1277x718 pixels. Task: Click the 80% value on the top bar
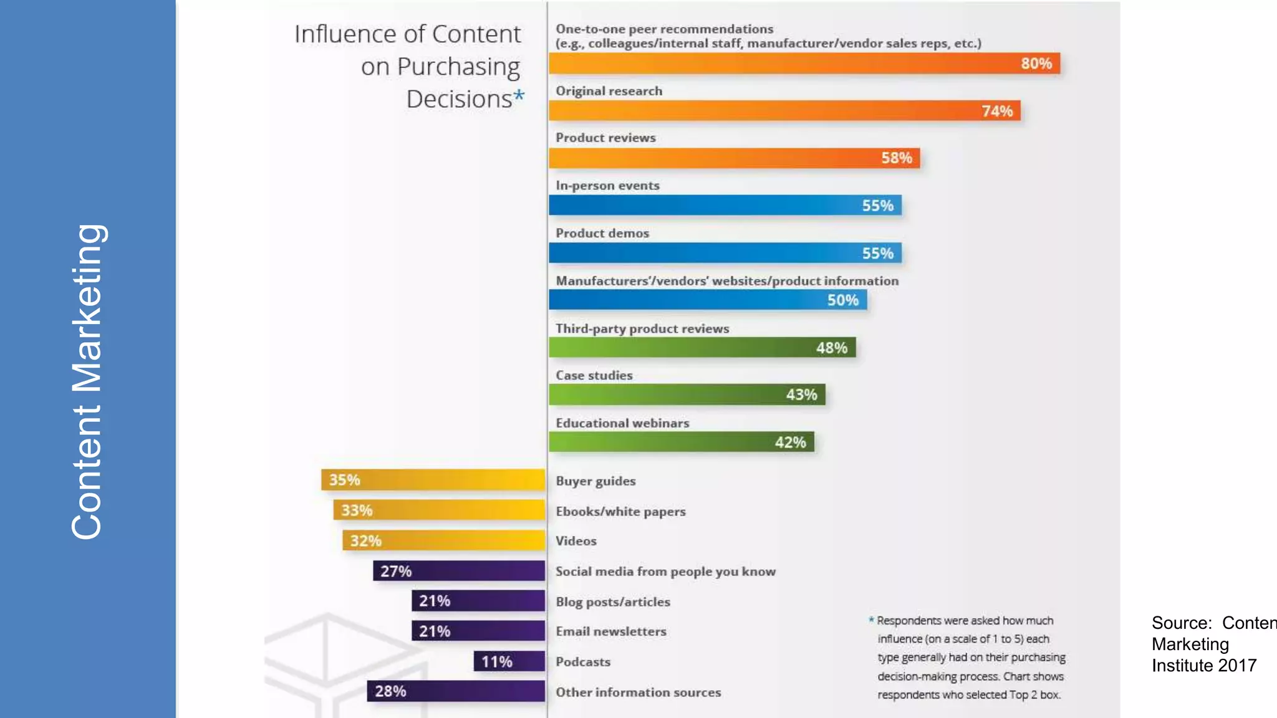pos(1036,64)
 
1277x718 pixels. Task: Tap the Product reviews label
pos(605,138)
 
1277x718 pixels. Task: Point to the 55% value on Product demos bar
pos(877,254)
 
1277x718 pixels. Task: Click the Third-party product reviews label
pos(642,328)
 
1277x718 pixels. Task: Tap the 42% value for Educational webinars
pos(790,443)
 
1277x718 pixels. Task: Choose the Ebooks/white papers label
pos(620,512)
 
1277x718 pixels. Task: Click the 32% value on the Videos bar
pos(365,541)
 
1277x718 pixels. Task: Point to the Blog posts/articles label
pos(613,602)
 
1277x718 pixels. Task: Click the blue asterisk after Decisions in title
pos(519,96)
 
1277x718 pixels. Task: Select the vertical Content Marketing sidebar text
pos(87,381)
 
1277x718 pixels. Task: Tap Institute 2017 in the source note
pos(1203,666)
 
